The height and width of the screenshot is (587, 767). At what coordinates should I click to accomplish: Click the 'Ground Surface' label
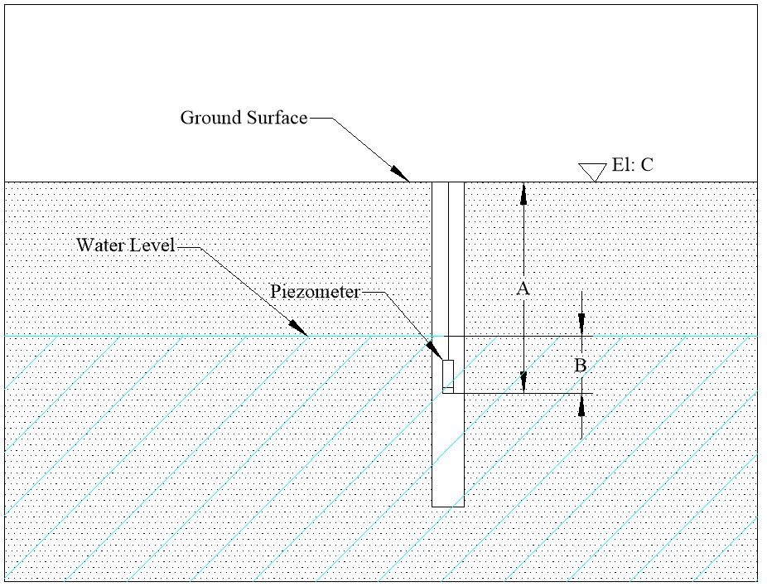click(x=244, y=118)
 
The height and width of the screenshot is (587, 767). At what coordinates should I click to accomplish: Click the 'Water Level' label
click(x=125, y=245)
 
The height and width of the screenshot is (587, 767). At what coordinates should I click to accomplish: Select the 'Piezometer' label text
click(x=315, y=293)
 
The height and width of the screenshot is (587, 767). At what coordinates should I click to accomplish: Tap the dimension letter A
click(x=523, y=289)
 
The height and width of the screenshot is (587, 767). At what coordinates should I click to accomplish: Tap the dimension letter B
click(x=581, y=365)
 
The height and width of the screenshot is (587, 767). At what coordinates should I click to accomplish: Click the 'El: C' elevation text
click(x=632, y=165)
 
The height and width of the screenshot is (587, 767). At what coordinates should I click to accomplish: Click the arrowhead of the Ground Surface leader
click(x=403, y=176)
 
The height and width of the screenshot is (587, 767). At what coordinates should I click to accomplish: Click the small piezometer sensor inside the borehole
click(x=448, y=376)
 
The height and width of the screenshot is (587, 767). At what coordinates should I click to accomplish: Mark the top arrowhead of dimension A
click(x=523, y=191)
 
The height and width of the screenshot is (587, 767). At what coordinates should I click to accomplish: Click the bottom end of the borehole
click(x=448, y=506)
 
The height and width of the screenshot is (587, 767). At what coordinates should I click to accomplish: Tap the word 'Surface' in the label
click(x=276, y=118)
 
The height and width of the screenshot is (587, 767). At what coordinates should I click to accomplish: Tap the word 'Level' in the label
click(x=157, y=245)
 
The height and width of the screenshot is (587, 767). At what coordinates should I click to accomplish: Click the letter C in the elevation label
click(x=646, y=165)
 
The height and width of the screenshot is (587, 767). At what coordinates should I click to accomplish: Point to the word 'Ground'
click(x=211, y=118)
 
